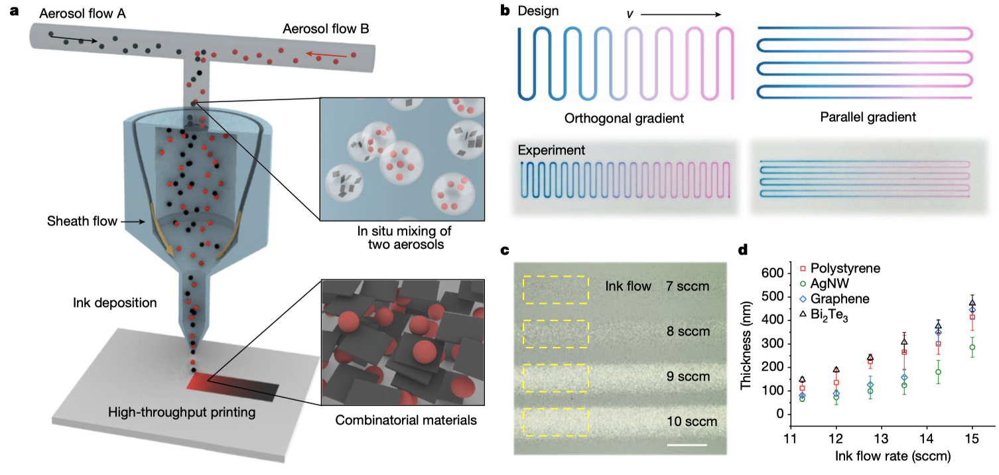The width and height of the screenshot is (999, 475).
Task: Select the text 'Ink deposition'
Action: pyautogui.click(x=115, y=303)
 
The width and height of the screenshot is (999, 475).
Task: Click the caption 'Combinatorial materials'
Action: pyautogui.click(x=406, y=420)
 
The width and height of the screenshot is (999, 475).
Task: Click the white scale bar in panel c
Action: pyautogui.click(x=687, y=444)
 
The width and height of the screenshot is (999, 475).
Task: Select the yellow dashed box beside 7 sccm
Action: pyautogui.click(x=556, y=289)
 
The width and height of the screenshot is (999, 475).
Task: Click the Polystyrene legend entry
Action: pyautogui.click(x=840, y=269)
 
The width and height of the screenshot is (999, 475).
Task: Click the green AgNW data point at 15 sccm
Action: pyautogui.click(x=972, y=348)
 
